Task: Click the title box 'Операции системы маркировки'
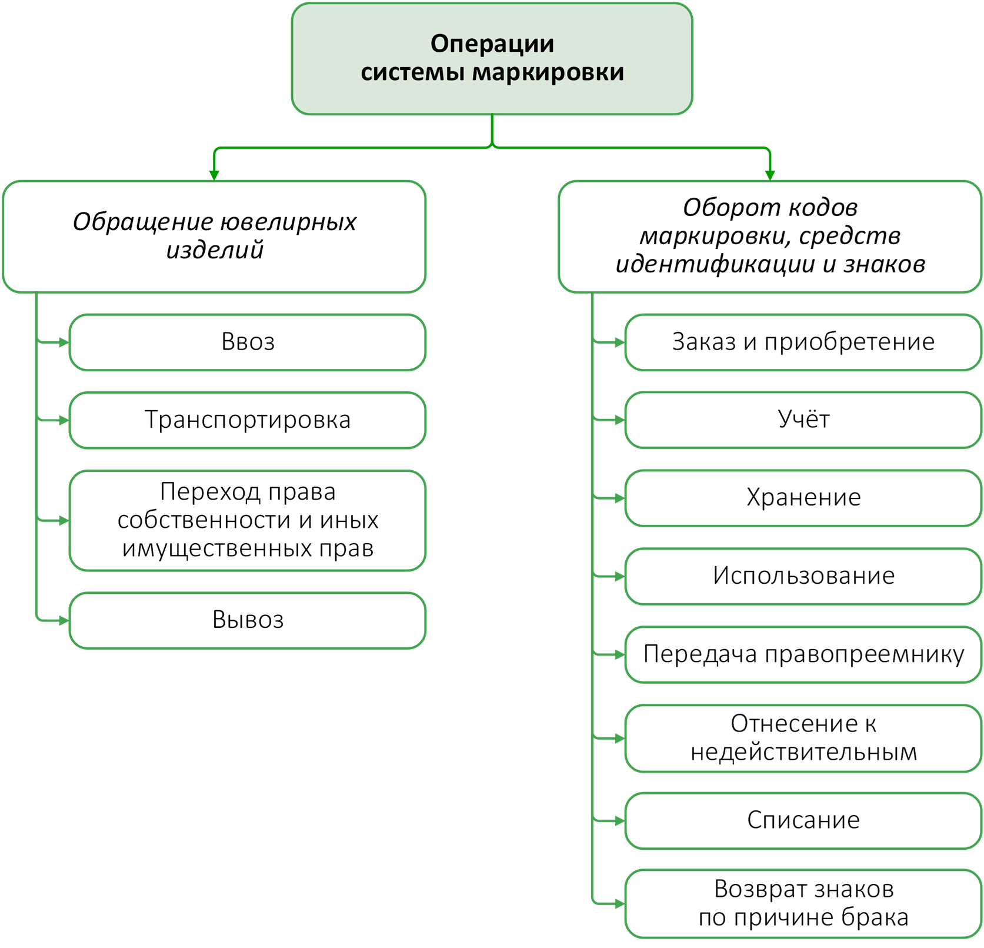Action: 492,58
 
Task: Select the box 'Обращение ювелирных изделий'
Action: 214,237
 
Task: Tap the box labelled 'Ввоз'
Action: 248,342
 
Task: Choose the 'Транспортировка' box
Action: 248,420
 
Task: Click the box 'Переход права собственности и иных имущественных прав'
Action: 248,520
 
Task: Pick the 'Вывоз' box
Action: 248,620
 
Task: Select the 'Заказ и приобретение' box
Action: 803,342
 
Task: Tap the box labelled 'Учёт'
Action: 803,420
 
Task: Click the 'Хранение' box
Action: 803,498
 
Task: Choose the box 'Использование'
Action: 803,576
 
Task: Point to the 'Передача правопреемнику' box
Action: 803,654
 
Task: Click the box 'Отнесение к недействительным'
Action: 803,738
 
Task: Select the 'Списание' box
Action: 803,820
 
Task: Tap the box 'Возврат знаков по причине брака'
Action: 803,903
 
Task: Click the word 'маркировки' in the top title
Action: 548,72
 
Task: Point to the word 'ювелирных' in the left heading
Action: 288,222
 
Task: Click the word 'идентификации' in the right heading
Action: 715,264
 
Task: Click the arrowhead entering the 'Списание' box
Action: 619,820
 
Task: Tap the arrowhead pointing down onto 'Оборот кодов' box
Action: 770,175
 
